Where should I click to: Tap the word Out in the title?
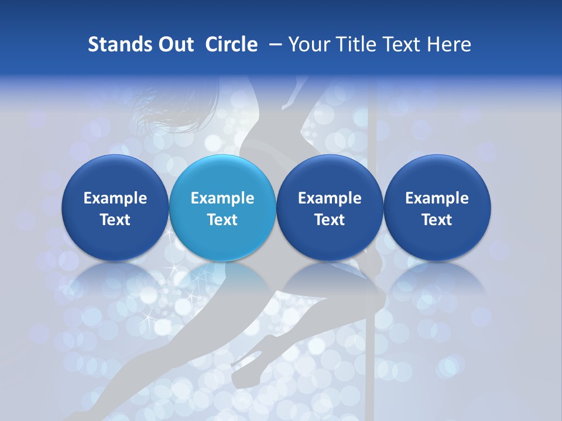(174, 44)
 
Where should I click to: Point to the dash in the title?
(273, 44)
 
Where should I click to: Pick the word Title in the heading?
(354, 44)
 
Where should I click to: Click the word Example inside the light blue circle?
(222, 198)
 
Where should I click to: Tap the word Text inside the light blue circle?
(222, 220)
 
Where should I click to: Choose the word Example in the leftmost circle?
(115, 198)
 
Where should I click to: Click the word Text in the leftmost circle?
(115, 220)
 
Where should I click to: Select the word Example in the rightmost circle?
(437, 198)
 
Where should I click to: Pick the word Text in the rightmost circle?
(437, 220)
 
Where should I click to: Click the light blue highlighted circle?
(222, 175)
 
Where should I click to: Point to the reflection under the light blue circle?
(222, 281)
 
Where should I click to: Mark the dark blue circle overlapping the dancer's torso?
(330, 175)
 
